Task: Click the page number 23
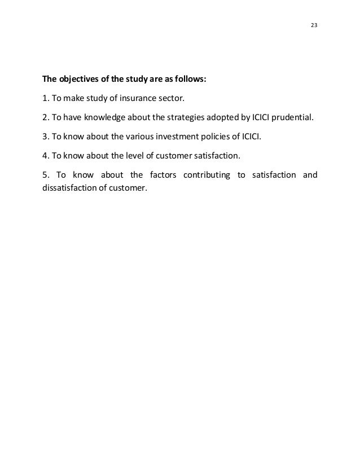click(314, 25)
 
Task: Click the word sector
click(174, 99)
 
